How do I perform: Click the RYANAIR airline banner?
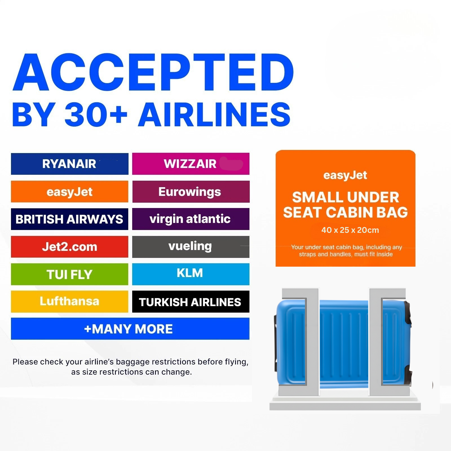70,164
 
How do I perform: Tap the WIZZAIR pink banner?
191,164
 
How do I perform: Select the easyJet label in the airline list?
70,192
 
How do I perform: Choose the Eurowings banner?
191,192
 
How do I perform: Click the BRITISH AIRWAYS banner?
70,219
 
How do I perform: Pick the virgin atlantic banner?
191,219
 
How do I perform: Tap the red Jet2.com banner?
70,247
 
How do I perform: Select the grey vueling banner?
191,247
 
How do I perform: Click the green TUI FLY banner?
70,274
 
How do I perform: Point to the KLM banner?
191,274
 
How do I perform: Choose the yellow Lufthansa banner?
70,302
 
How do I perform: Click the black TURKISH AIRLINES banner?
191,302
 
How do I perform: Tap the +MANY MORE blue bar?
130,329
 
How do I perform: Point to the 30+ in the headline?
96,114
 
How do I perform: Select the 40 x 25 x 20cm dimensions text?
350,230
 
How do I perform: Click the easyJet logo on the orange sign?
345,175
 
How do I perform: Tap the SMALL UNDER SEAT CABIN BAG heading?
346,205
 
